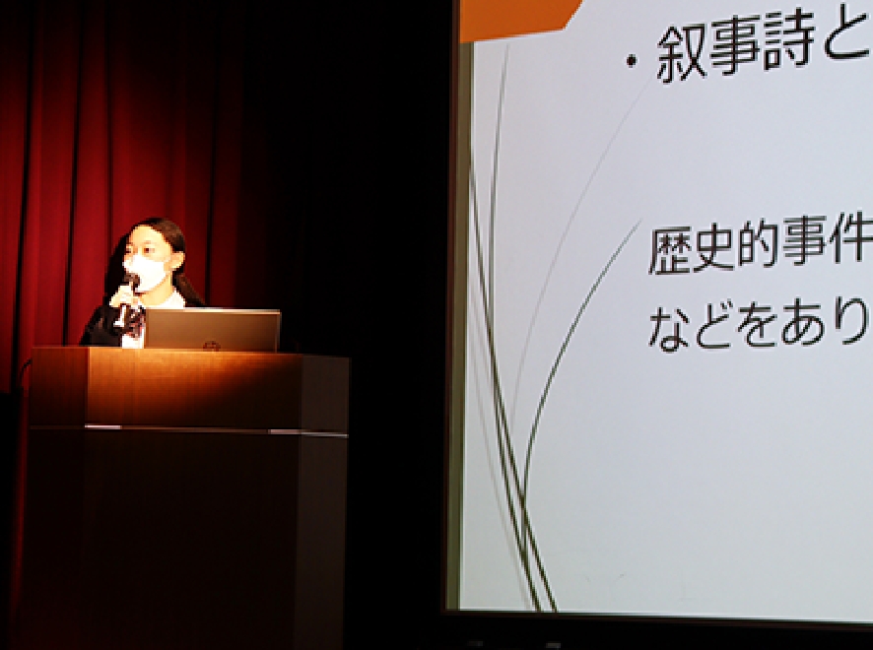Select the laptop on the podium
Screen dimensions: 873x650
point(212,331)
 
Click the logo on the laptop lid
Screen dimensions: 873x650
point(211,346)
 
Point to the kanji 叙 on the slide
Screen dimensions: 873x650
point(682,53)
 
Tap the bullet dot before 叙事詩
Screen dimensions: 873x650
point(631,61)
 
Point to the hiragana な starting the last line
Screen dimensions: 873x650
point(670,329)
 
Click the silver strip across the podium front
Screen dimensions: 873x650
point(189,429)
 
